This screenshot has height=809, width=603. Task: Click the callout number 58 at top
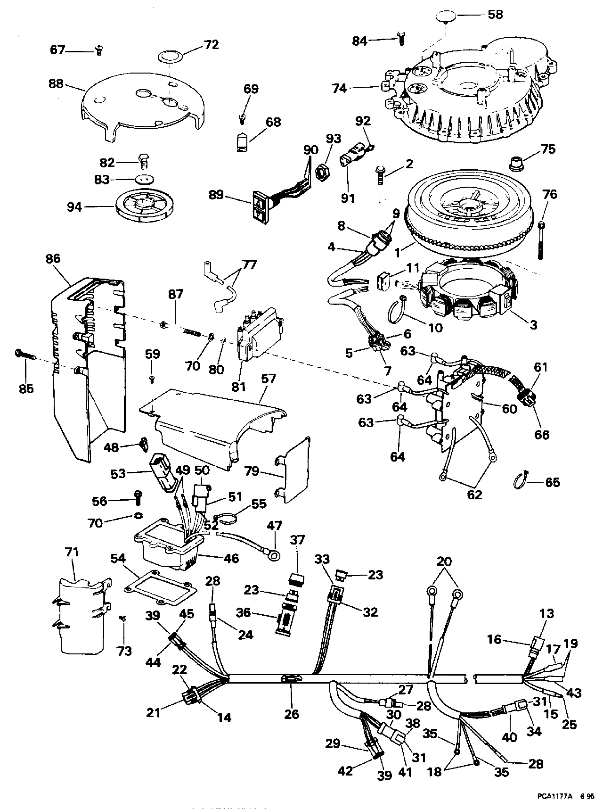(x=494, y=15)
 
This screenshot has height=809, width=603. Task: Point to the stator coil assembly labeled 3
(x=469, y=292)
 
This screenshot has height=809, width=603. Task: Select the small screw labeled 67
(x=99, y=50)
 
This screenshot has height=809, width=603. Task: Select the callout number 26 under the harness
(x=292, y=714)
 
